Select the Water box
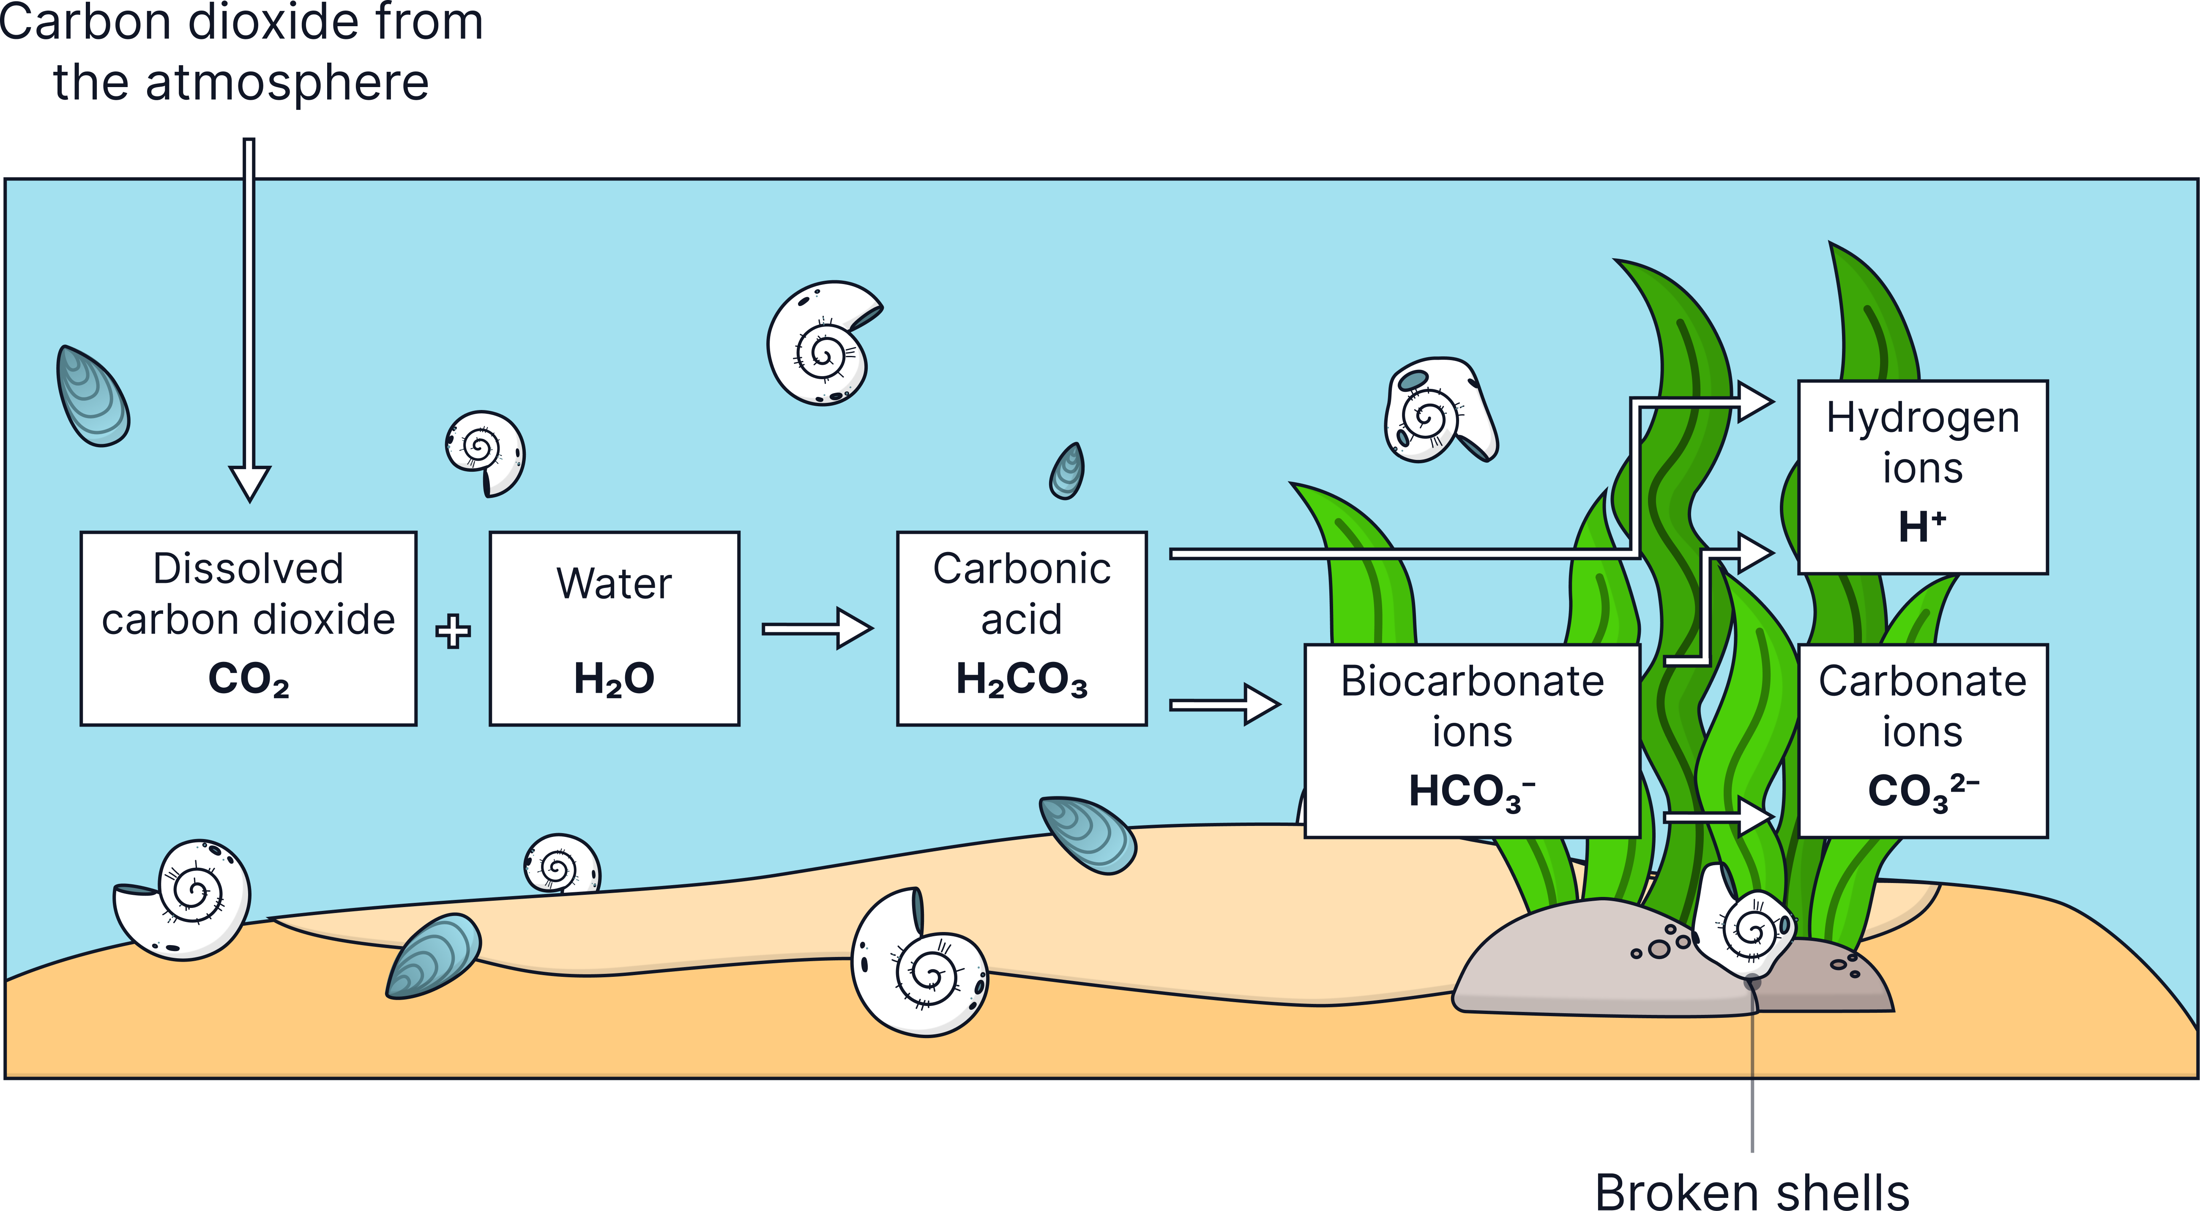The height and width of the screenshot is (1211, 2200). tap(614, 629)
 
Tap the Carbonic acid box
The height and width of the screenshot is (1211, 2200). tap(1022, 629)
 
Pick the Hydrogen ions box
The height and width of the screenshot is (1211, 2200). tap(1922, 476)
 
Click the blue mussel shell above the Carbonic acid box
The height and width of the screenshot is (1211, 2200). tap(1068, 471)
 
